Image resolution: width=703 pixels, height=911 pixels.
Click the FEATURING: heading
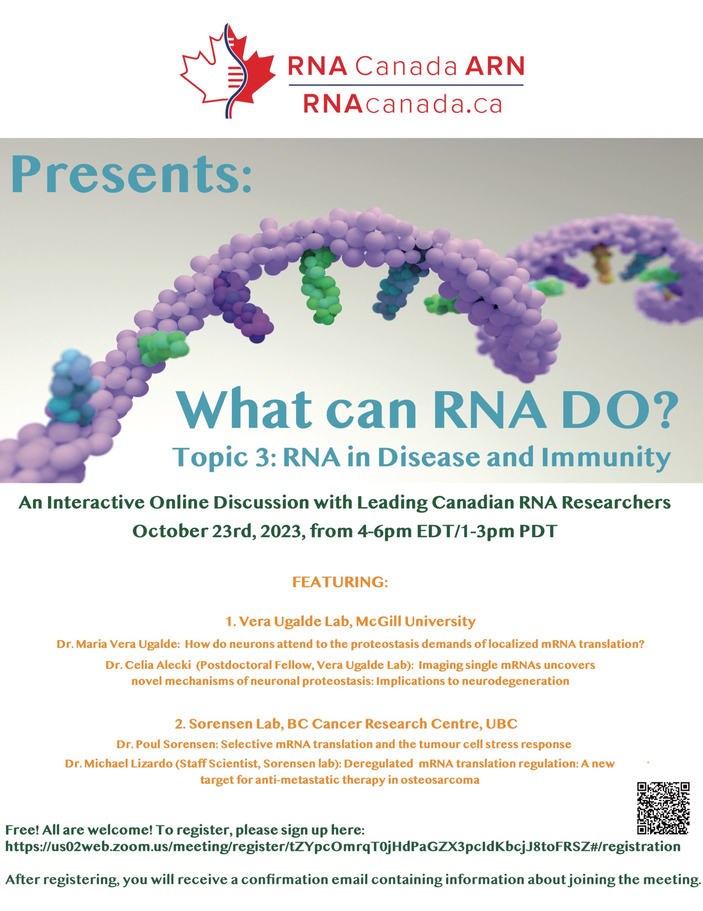[340, 582]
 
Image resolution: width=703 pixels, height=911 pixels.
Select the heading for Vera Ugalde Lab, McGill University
[350, 622]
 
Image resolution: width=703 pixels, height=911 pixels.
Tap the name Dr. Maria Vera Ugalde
[118, 644]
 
